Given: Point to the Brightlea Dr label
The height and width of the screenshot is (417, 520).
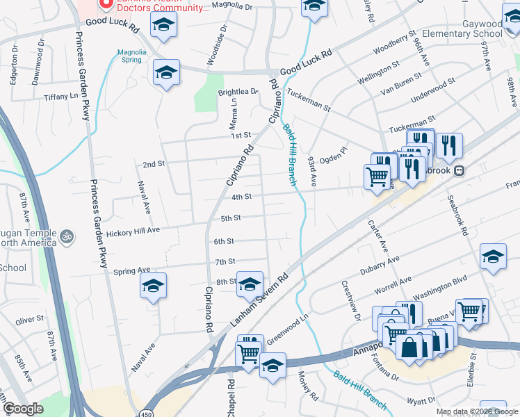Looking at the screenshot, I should coord(238,91).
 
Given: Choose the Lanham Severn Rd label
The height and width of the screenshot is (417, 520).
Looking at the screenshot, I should coord(261,299).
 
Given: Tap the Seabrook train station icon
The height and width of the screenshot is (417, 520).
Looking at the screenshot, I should coord(459,170).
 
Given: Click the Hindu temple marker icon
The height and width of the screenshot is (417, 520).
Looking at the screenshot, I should coord(67,236).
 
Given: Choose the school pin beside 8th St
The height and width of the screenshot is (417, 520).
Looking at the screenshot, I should coord(250,284).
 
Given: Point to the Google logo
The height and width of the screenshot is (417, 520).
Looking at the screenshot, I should coord(23,409).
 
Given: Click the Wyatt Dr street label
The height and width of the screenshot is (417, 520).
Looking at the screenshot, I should coord(421,401).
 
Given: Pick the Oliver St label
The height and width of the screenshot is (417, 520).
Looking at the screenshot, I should coord(29,319).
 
